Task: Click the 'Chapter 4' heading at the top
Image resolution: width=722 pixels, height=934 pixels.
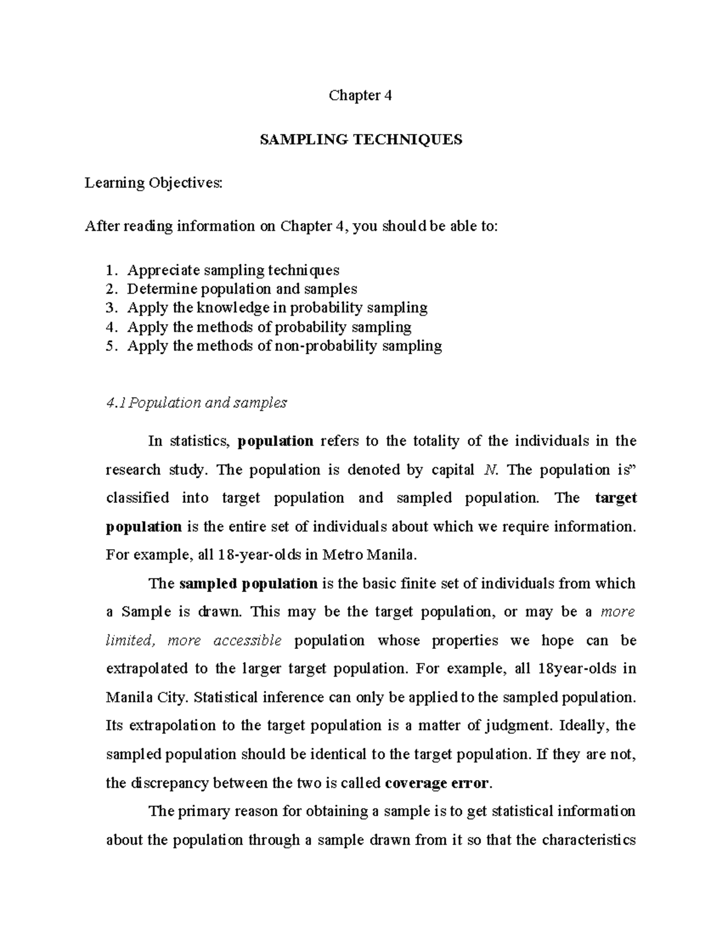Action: tap(360, 95)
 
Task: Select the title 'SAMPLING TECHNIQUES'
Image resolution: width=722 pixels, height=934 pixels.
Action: tap(360, 140)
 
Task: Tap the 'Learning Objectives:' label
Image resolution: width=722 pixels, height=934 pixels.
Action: tap(153, 182)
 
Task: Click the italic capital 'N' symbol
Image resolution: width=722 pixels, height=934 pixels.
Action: tap(489, 470)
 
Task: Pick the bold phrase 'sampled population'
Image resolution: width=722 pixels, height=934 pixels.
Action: tap(248, 583)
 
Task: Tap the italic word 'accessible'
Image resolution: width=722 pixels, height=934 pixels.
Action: tap(247, 641)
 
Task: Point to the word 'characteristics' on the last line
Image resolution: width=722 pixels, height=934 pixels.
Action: tap(589, 840)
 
